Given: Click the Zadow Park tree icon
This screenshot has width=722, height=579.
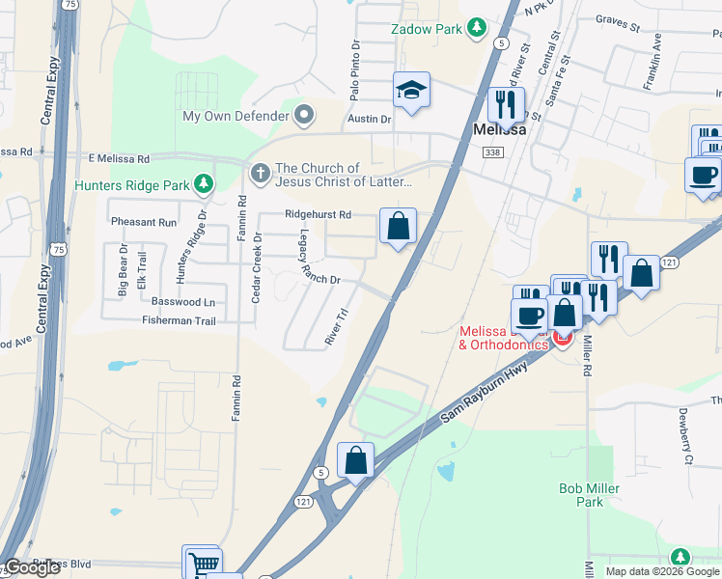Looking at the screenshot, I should (476, 29).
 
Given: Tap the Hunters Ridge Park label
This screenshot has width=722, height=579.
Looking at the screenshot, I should (132, 182).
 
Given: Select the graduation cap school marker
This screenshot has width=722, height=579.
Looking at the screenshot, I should (411, 92).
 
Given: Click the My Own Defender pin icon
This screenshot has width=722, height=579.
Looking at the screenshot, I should (305, 116).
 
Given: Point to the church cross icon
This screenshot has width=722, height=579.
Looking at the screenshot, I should (259, 175).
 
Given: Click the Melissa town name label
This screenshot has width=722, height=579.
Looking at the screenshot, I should (498, 127).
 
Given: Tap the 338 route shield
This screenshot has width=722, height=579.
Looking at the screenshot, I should (493, 152).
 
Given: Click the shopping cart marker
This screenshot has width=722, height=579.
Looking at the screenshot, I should (203, 564).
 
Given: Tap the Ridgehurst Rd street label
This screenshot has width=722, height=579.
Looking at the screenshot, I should (318, 214).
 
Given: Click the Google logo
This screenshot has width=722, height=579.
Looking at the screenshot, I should (32, 567).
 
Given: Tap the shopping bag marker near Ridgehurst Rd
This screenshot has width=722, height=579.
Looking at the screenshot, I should (398, 227).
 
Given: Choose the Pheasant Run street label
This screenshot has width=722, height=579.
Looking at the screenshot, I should (144, 222).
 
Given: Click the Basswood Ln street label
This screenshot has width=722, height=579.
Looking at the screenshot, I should (182, 302).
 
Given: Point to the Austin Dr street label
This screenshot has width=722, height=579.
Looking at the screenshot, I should (369, 120).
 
